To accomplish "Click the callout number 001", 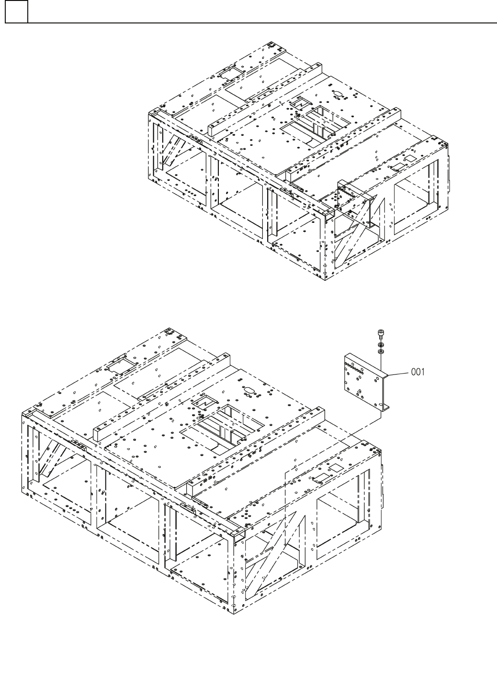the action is point(418,372).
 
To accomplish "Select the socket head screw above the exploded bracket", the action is point(381,333).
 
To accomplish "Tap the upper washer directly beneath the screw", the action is point(381,344).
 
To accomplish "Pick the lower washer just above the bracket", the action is point(381,352).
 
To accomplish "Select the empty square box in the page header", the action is point(16,11).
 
